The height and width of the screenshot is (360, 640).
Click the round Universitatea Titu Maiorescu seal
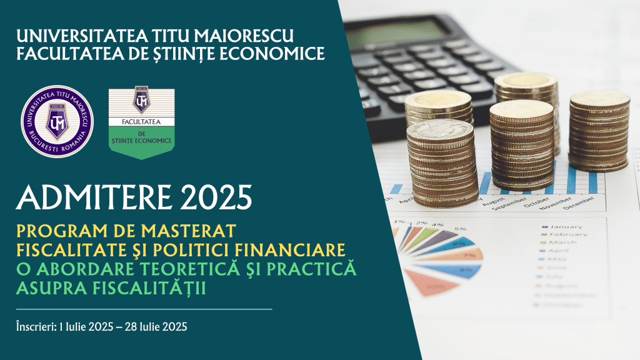57,121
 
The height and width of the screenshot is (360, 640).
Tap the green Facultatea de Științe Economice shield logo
141,123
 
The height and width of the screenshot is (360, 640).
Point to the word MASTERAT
187,230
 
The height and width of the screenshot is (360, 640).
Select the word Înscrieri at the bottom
36,326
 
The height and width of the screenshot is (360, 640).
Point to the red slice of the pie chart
432,281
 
